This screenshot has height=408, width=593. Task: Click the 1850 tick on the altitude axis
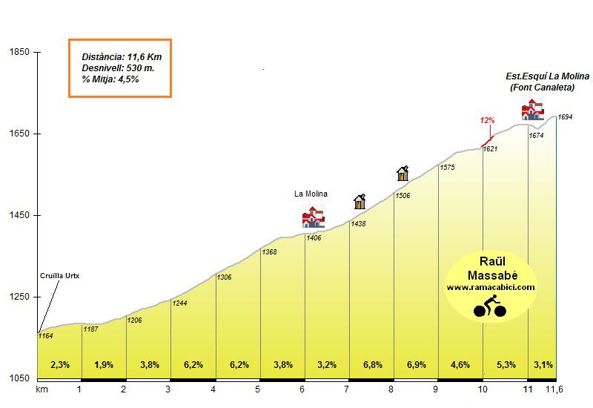19,52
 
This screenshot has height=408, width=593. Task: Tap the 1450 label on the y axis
19,215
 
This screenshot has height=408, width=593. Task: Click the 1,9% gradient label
105,365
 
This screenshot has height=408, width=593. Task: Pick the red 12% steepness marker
487,120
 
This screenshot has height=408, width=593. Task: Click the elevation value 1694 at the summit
566,117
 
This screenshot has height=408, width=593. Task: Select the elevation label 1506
402,195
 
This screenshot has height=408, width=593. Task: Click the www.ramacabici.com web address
491,286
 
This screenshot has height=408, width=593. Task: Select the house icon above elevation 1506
402,174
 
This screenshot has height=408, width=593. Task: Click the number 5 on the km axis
257,389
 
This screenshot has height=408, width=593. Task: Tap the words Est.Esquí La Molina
547,76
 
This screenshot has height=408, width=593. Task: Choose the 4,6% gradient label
460,365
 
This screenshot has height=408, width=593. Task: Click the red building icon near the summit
533,111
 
